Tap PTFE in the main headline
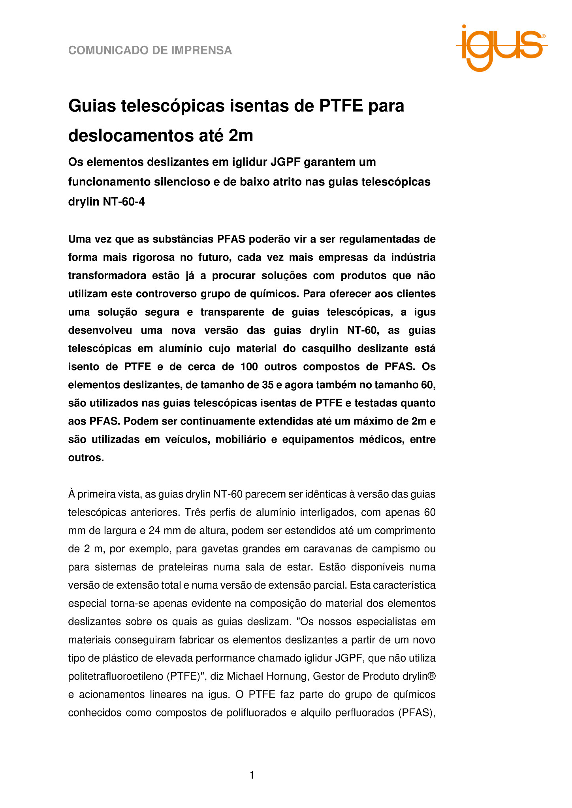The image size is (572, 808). [341, 106]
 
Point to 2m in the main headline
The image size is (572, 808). [241, 136]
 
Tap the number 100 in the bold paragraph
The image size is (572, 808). [249, 367]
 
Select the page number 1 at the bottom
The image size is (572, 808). [252, 776]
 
